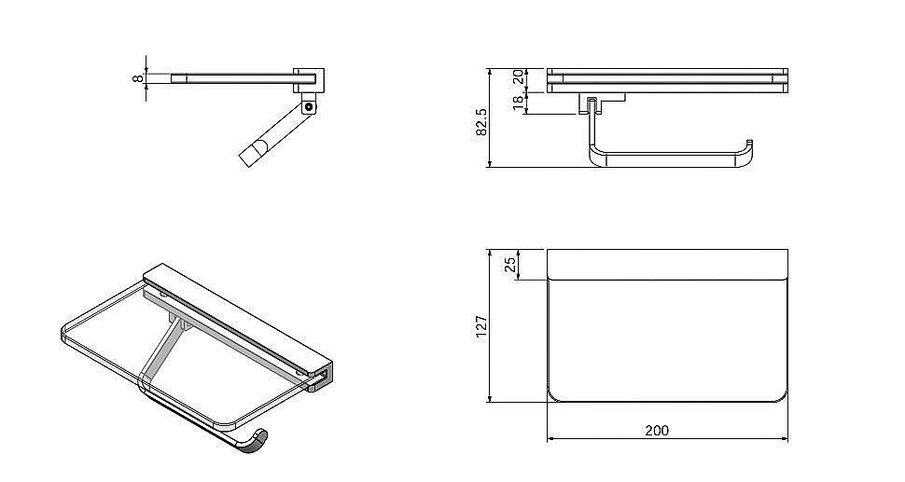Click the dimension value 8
click(137, 77)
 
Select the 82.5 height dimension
click(481, 122)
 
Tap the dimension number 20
click(519, 76)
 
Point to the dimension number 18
click(519, 103)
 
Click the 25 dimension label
click(510, 265)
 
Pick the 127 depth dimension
click(481, 326)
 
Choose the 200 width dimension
click(657, 430)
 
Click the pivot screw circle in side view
click(310, 106)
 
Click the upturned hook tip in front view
click(750, 143)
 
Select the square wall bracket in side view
click(309, 81)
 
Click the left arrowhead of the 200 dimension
click(550, 439)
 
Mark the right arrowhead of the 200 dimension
click(784, 439)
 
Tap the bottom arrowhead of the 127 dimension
click(490, 398)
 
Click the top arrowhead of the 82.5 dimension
click(490, 73)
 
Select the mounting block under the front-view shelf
click(602, 103)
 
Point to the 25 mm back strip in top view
click(667, 265)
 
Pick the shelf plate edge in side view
click(243, 78)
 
